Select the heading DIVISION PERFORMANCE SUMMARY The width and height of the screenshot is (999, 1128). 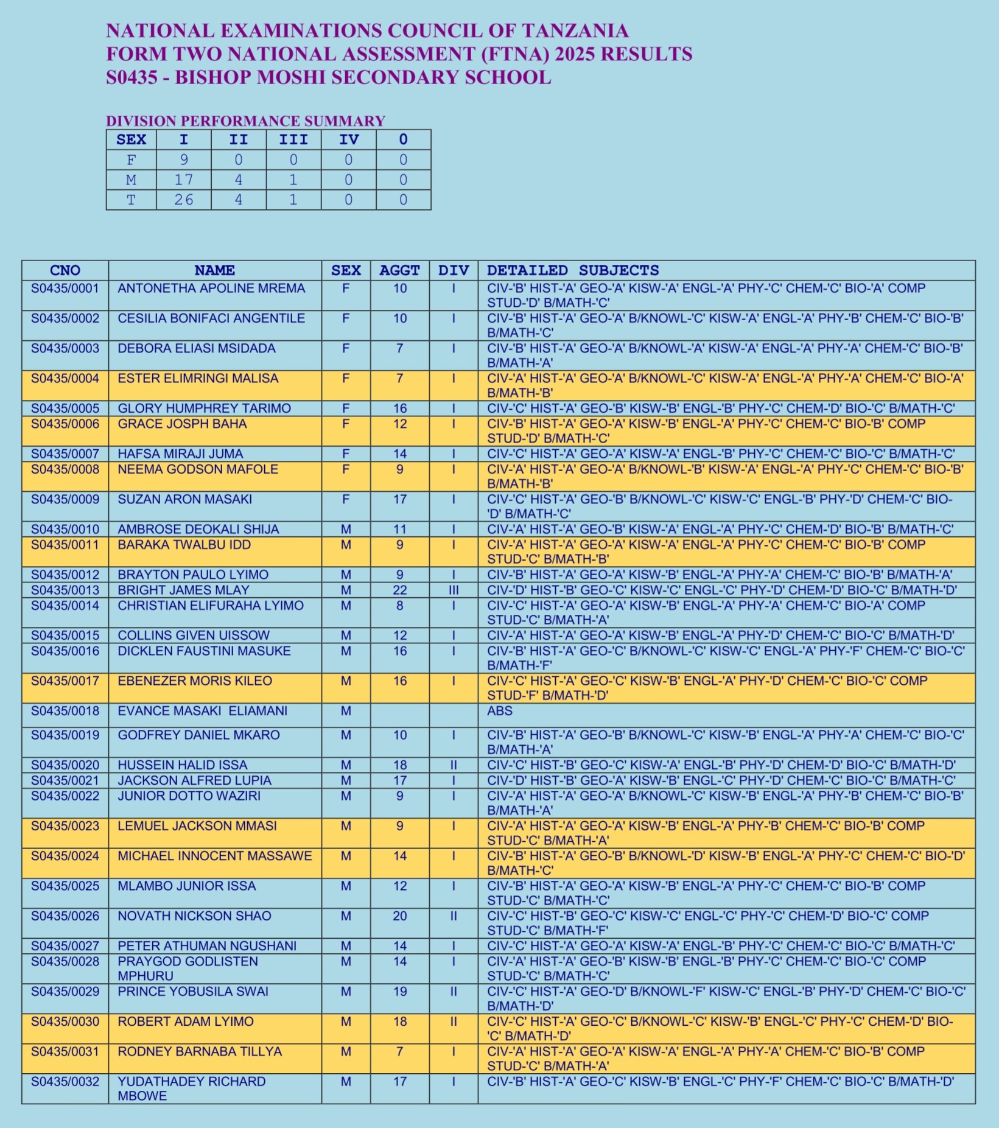[x=245, y=121]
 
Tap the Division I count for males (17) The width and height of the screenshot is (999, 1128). [x=183, y=180]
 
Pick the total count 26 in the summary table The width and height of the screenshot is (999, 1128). [x=183, y=200]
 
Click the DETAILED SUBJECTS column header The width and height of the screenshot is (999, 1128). [x=573, y=270]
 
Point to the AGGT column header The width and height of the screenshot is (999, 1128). [x=399, y=270]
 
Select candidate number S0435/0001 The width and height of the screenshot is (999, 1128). [x=65, y=288]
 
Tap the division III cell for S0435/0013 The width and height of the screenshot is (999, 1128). [x=454, y=590]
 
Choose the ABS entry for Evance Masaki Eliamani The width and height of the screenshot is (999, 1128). [x=500, y=711]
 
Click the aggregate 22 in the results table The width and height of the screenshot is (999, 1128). [x=399, y=590]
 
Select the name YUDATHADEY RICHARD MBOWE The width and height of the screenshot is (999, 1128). [x=191, y=1088]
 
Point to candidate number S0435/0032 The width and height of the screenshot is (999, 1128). [x=65, y=1082]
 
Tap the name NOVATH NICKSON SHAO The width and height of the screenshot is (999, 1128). [x=194, y=916]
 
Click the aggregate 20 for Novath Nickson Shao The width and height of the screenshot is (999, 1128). [x=399, y=916]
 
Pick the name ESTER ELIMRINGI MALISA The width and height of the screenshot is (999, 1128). [x=198, y=379]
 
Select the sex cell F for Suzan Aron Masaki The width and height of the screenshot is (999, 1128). [x=346, y=499]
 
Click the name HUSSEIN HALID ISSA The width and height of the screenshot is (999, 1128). [x=182, y=765]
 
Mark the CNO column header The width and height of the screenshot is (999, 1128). [x=65, y=270]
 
